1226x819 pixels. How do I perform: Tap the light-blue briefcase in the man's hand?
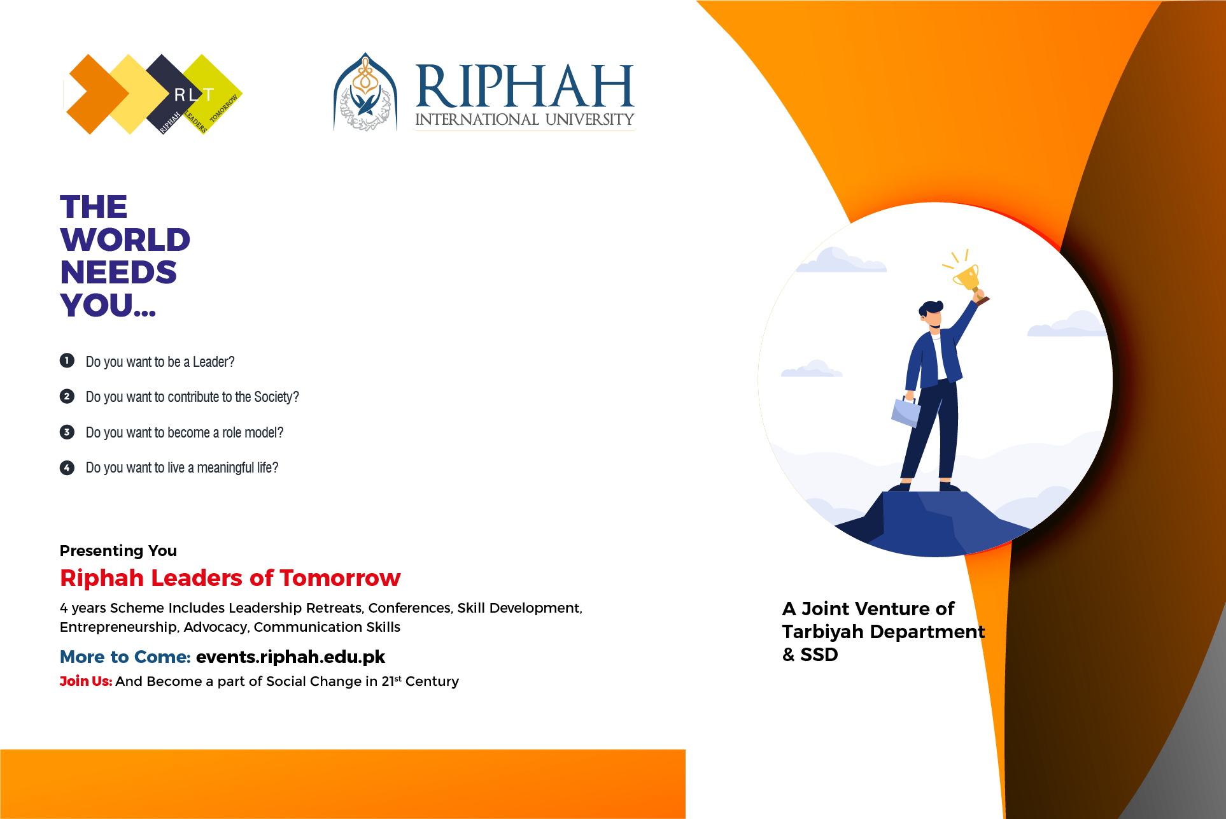906,411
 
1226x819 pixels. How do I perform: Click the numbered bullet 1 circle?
67,360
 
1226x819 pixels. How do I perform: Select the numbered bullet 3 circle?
67,432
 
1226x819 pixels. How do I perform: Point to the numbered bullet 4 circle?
67,467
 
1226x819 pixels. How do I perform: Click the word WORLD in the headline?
125,239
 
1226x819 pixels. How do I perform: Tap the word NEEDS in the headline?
118,272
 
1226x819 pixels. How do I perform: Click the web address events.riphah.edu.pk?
290,657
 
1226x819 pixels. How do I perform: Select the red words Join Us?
86,681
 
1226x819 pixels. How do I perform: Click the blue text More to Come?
125,657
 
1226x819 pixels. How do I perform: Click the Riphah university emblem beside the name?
365,92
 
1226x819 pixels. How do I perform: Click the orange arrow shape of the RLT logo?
97,94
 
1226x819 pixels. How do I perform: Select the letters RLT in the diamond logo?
194,95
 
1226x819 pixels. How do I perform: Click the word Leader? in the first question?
214,362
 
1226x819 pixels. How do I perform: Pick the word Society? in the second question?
276,397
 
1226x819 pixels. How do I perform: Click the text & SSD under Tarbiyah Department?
810,654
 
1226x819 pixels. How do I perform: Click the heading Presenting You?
118,550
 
